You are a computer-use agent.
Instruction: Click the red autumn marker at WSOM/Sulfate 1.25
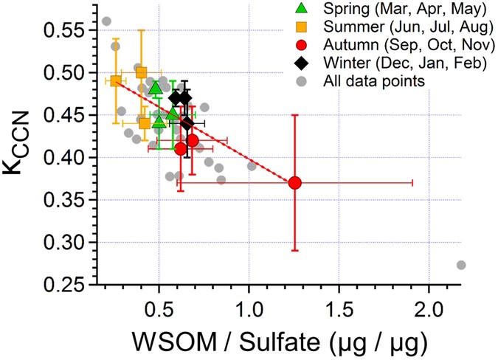click(x=294, y=182)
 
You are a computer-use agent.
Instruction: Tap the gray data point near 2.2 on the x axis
click(x=461, y=265)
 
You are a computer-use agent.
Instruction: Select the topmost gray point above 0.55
click(x=106, y=21)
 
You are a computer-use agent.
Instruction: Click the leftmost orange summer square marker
click(x=116, y=81)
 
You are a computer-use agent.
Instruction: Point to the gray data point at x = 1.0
click(x=252, y=166)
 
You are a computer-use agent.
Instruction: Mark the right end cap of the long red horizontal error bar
click(x=412, y=182)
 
